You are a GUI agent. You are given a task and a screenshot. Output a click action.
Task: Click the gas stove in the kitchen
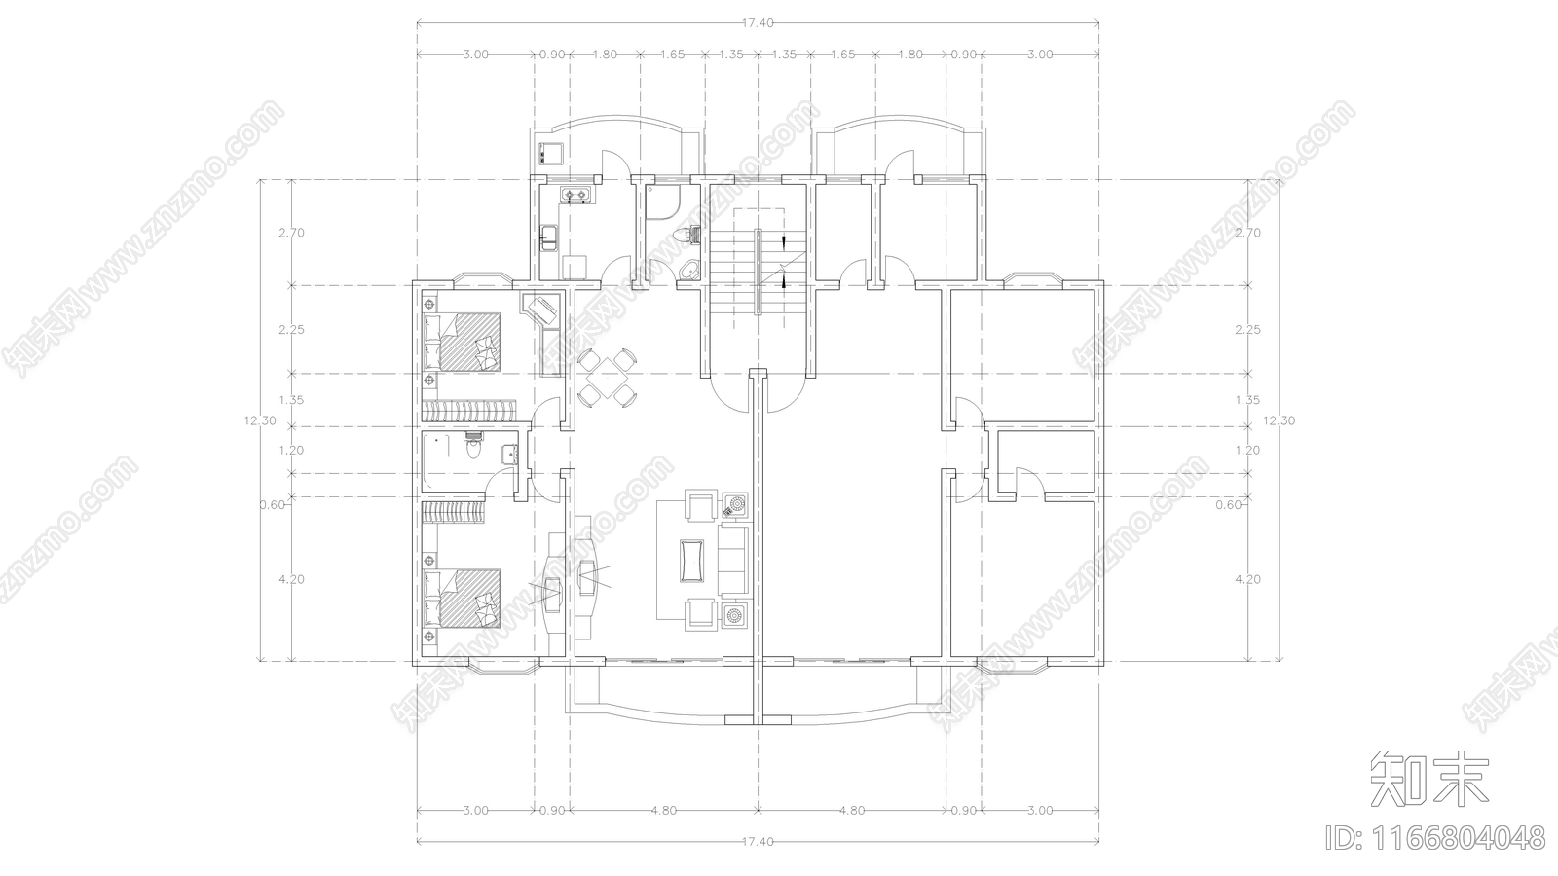pyautogui.click(x=576, y=198)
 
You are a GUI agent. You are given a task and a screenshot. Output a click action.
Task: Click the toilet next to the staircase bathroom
pyautogui.click(x=690, y=236)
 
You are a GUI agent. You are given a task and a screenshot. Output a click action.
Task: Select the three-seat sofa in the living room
pyautogui.click(x=732, y=560)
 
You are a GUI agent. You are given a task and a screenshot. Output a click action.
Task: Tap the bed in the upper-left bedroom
pyautogui.click(x=464, y=341)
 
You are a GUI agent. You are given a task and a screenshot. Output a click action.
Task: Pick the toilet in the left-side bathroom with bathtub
pyautogui.click(x=473, y=449)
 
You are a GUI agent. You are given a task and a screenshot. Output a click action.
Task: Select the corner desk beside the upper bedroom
pyautogui.click(x=541, y=310)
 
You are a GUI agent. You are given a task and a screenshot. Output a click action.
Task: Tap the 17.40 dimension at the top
pyautogui.click(x=758, y=23)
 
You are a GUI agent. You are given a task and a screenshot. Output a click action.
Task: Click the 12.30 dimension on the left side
pyautogui.click(x=262, y=420)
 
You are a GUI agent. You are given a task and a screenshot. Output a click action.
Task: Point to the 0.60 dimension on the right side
pyautogui.click(x=1229, y=504)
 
